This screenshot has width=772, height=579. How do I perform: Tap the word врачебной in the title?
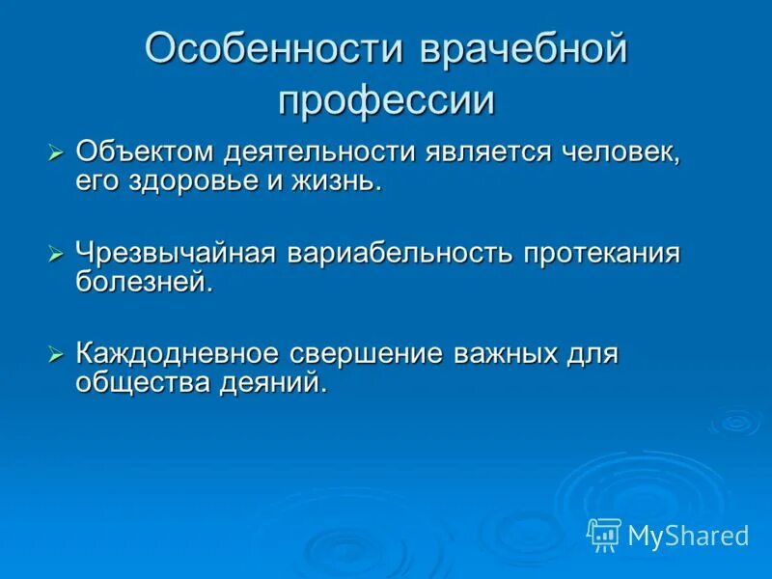[522, 50]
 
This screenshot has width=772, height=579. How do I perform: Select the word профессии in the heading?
[386, 99]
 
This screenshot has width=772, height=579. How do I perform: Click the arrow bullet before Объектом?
[56, 153]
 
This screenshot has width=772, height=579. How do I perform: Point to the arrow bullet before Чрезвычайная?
[56, 254]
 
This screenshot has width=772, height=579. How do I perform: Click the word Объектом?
[146, 153]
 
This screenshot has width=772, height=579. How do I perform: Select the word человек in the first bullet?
[619, 153]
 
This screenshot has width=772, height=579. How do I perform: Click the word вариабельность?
[400, 254]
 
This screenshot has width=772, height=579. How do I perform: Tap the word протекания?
[602, 254]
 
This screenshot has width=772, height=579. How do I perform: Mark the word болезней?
[143, 282]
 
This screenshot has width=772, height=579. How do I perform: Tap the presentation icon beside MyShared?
[603, 535]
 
